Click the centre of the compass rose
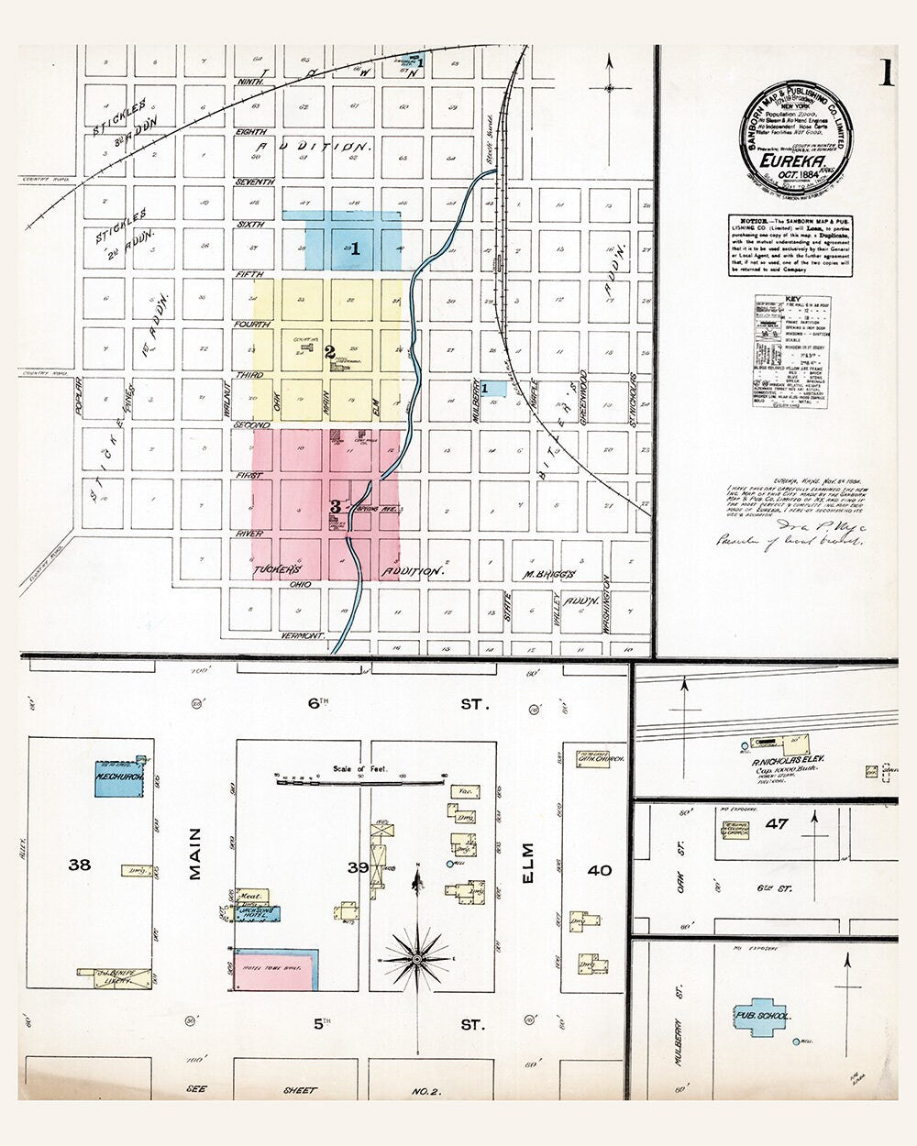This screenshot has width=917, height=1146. pos(417,959)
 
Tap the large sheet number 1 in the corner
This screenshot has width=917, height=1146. pos(887,73)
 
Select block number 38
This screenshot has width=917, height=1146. pos(80,864)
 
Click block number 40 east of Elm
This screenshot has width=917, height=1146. pos(599,869)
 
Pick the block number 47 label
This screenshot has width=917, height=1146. pos(777,824)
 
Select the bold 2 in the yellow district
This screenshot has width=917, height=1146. pos(329,350)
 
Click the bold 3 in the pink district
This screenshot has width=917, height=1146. pos(335,506)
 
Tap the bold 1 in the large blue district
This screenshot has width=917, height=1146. pos(355,248)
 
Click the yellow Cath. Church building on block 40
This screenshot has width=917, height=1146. pos(592,758)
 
